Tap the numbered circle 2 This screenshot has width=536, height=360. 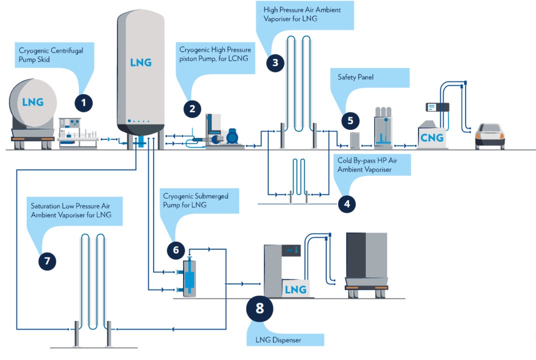click(192, 108)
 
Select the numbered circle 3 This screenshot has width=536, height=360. click(275, 63)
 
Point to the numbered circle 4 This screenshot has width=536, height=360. click(346, 203)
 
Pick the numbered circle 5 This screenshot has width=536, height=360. click(350, 120)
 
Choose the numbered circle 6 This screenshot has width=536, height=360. click(176, 250)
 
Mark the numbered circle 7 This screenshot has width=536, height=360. click(47, 260)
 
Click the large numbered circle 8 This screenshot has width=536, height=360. click(259, 308)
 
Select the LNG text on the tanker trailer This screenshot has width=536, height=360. click(33, 102)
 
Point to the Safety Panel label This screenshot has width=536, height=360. click(355, 77)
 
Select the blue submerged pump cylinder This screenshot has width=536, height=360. click(188, 279)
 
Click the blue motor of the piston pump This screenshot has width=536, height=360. click(233, 136)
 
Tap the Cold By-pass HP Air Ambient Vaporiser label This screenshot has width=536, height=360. click(372, 164)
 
